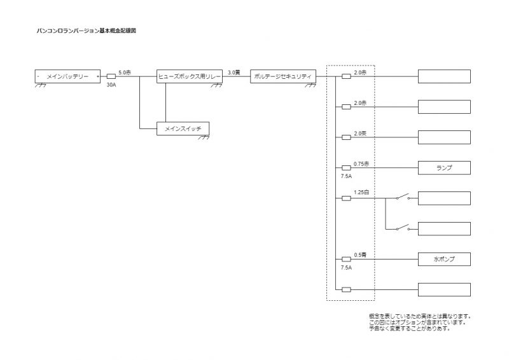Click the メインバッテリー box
click(67, 76)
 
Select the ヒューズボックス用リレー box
click(190, 76)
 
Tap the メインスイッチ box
click(183, 129)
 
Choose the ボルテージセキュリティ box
click(282, 76)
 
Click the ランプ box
click(444, 169)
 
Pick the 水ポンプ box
click(444, 260)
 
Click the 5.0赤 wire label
click(125, 73)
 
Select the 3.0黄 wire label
click(234, 73)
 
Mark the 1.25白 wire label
click(362, 192)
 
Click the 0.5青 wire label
click(359, 255)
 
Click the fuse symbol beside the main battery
click(111, 76)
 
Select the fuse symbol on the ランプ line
click(346, 169)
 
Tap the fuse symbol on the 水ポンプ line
click(346, 260)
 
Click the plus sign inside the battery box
click(97, 76)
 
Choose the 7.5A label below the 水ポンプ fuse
click(346, 268)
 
